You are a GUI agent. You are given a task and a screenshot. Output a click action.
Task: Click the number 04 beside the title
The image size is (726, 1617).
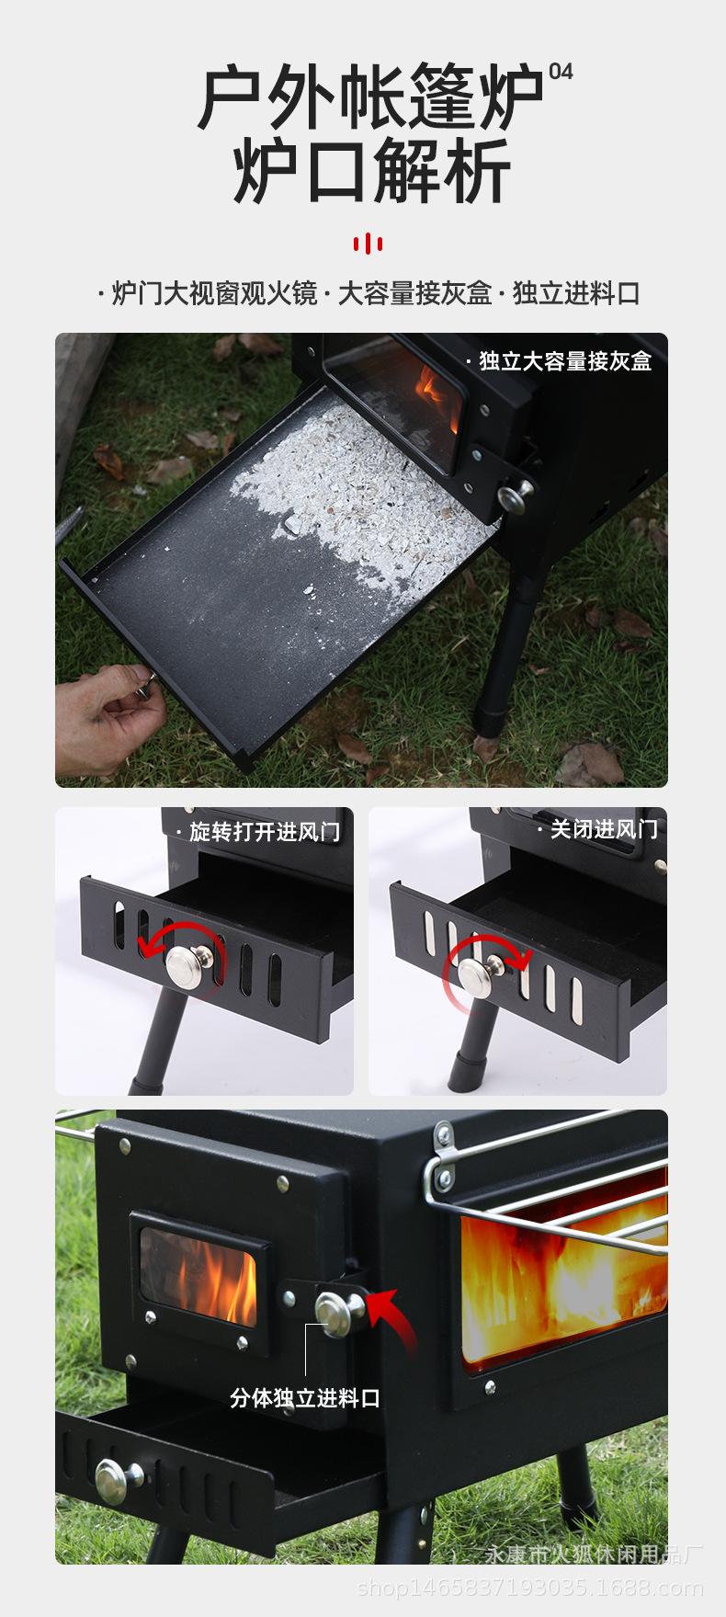click(561, 72)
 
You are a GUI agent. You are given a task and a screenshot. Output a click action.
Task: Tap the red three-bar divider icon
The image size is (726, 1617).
click(368, 244)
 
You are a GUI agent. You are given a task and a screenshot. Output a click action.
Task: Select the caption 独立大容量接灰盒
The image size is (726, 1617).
click(564, 361)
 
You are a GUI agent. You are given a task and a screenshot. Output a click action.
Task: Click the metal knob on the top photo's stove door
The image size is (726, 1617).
click(514, 495)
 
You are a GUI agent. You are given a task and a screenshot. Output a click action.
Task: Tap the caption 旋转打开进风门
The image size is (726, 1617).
click(264, 832)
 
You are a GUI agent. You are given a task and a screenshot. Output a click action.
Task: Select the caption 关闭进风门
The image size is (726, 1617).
click(604, 829)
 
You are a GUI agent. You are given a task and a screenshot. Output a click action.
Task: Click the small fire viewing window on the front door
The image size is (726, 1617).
click(199, 1273)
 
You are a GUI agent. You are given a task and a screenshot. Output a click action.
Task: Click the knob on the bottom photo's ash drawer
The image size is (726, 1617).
click(118, 1480)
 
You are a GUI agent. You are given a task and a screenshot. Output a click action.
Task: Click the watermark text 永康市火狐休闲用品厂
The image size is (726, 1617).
click(593, 1554)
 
